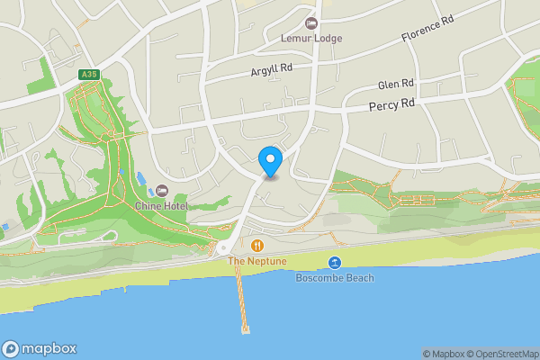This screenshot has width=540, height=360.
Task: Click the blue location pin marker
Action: point(270,161)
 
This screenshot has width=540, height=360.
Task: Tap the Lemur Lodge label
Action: point(311,39)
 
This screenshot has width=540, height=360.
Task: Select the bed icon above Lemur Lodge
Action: point(312,22)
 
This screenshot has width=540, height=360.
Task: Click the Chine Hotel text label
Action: point(160,206)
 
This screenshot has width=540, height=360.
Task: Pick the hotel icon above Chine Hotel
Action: point(162,191)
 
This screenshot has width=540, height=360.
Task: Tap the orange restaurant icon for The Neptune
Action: point(257,245)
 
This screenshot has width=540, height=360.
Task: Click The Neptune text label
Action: point(257,261)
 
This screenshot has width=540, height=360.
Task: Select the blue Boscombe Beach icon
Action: point(335,262)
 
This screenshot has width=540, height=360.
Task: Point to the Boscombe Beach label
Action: point(335,277)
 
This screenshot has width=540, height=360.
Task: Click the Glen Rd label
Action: point(395,85)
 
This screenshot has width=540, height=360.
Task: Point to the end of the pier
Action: point(246,328)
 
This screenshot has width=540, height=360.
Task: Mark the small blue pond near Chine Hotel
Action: point(140,179)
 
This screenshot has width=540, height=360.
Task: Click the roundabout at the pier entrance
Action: point(223,249)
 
